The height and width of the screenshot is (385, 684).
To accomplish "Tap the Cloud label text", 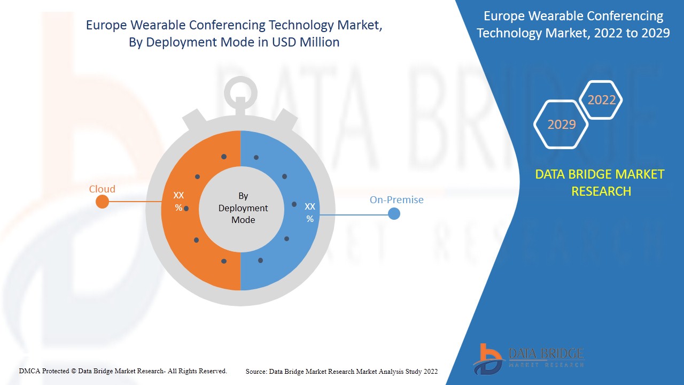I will click(x=102, y=189).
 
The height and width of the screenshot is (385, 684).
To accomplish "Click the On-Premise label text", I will click(x=397, y=199).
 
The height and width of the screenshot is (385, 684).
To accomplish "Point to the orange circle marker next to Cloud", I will click(x=102, y=202).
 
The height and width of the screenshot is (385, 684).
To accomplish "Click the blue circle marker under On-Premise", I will click(x=394, y=214).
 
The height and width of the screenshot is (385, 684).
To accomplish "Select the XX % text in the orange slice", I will click(x=178, y=202).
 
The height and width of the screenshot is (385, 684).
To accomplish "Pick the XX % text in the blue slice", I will click(x=310, y=212).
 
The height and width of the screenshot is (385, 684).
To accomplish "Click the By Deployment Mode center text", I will click(x=243, y=208).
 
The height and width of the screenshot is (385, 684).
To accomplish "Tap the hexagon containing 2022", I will click(x=602, y=100).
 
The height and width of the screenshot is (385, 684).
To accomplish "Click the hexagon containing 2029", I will click(x=562, y=125).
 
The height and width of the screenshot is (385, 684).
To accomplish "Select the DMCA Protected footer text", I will click(x=123, y=371).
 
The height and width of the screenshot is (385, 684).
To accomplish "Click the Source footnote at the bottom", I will click(x=341, y=371).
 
